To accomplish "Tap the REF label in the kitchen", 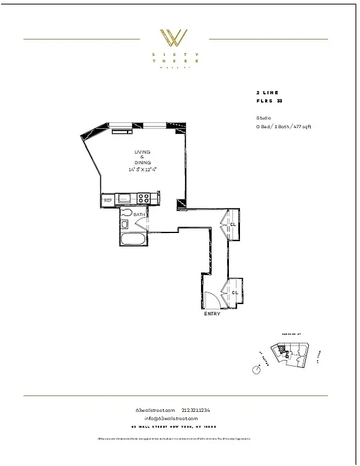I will coord(108,200).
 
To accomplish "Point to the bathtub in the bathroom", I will coord(133,239).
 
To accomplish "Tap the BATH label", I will coord(140,215).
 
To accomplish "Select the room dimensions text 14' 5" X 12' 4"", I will coord(143,170).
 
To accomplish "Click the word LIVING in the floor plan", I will coord(143,152).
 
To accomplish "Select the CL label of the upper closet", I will coord(232,224).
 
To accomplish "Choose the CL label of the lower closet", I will coord(235,292).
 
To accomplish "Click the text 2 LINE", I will coord(267,93).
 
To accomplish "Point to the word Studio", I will coord(263,118).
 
